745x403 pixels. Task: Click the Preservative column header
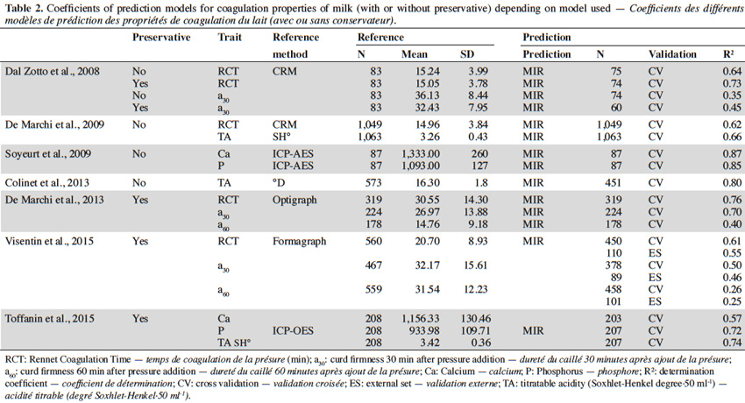tap(161, 38)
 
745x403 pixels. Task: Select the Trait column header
tap(230, 38)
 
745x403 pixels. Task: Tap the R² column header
tap(728, 54)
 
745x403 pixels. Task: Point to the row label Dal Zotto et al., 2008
tap(53, 71)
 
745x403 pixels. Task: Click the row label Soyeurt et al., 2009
tap(47, 154)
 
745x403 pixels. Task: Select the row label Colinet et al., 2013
tap(47, 183)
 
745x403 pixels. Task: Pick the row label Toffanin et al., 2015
tap(49, 319)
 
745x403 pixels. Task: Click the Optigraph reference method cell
tap(294, 200)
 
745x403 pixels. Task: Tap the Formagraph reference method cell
tap(300, 241)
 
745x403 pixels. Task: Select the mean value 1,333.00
tap(421, 154)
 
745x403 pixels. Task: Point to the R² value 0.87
tap(732, 154)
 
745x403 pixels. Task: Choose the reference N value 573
tap(373, 183)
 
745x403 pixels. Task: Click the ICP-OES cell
tap(293, 331)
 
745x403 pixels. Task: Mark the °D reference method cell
tap(280, 183)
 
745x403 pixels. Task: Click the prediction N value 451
tap(613, 183)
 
